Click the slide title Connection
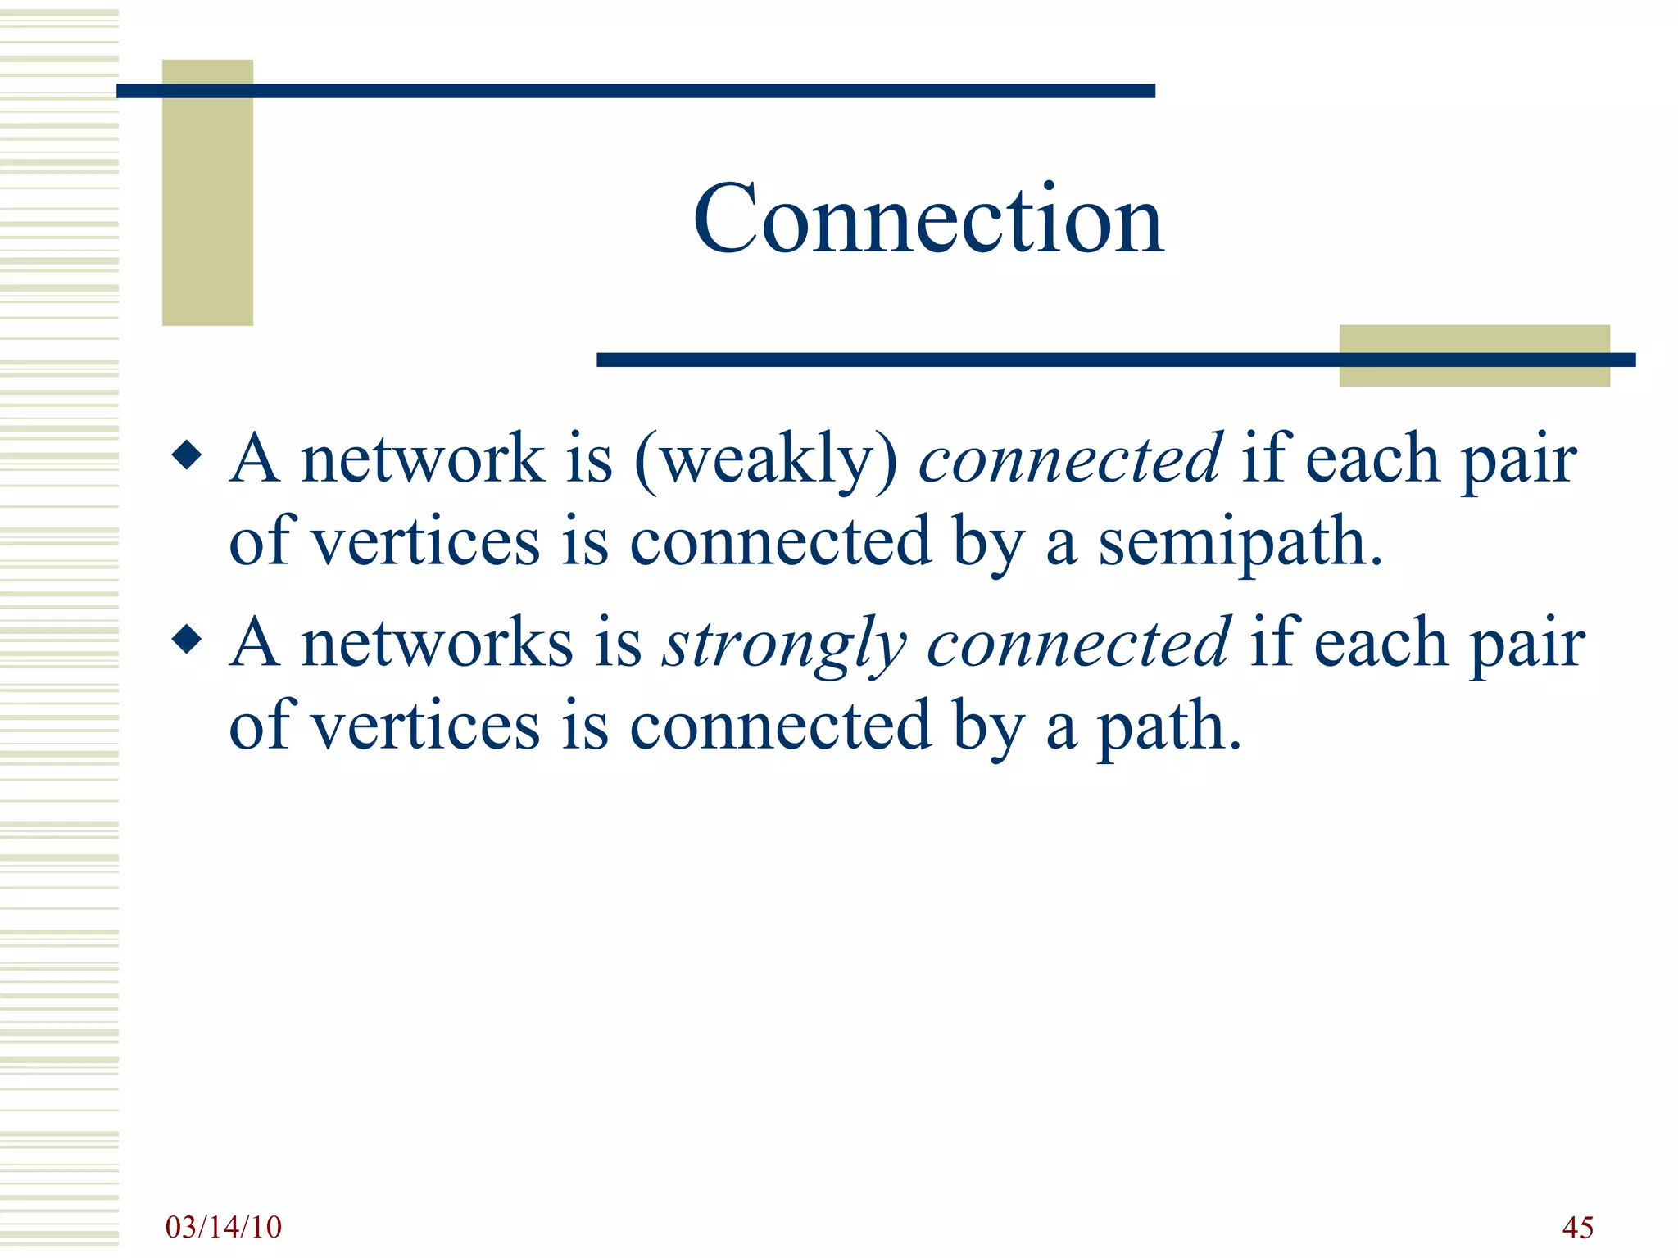point(928,219)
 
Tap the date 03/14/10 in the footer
point(223,1227)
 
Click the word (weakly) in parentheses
point(766,459)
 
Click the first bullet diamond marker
point(188,455)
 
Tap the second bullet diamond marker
point(188,640)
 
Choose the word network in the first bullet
point(423,459)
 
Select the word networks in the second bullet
point(437,644)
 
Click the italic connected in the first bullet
point(1070,459)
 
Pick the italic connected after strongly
point(1078,644)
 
